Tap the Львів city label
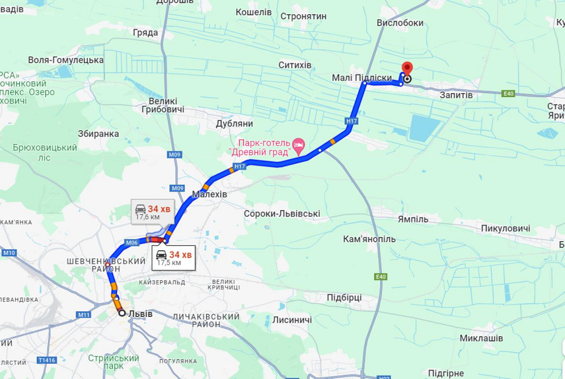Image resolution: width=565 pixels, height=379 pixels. pos(140,313)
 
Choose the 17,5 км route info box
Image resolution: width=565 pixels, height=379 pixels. pos(173,258)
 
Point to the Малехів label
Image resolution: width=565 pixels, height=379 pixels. pos(210,194)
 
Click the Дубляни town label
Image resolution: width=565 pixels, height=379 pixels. pos(234,124)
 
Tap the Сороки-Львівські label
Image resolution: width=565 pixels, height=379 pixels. pos(282,214)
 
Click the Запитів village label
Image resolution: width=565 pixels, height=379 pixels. pos(456,95)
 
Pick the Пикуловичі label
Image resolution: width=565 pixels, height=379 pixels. pos(506,229)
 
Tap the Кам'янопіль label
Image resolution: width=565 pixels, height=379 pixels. pos(370,239)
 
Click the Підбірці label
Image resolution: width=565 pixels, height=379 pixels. pos(344,298)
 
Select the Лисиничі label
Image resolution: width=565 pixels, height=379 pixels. pos(292,320)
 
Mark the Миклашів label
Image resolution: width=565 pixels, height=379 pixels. pos(481,338)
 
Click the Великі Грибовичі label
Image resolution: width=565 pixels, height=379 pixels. pos(163,104)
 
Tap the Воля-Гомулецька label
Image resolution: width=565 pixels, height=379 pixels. pos(66,60)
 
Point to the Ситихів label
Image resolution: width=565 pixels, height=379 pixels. pos(295,66)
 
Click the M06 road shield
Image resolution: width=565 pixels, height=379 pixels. pos(132,242)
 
